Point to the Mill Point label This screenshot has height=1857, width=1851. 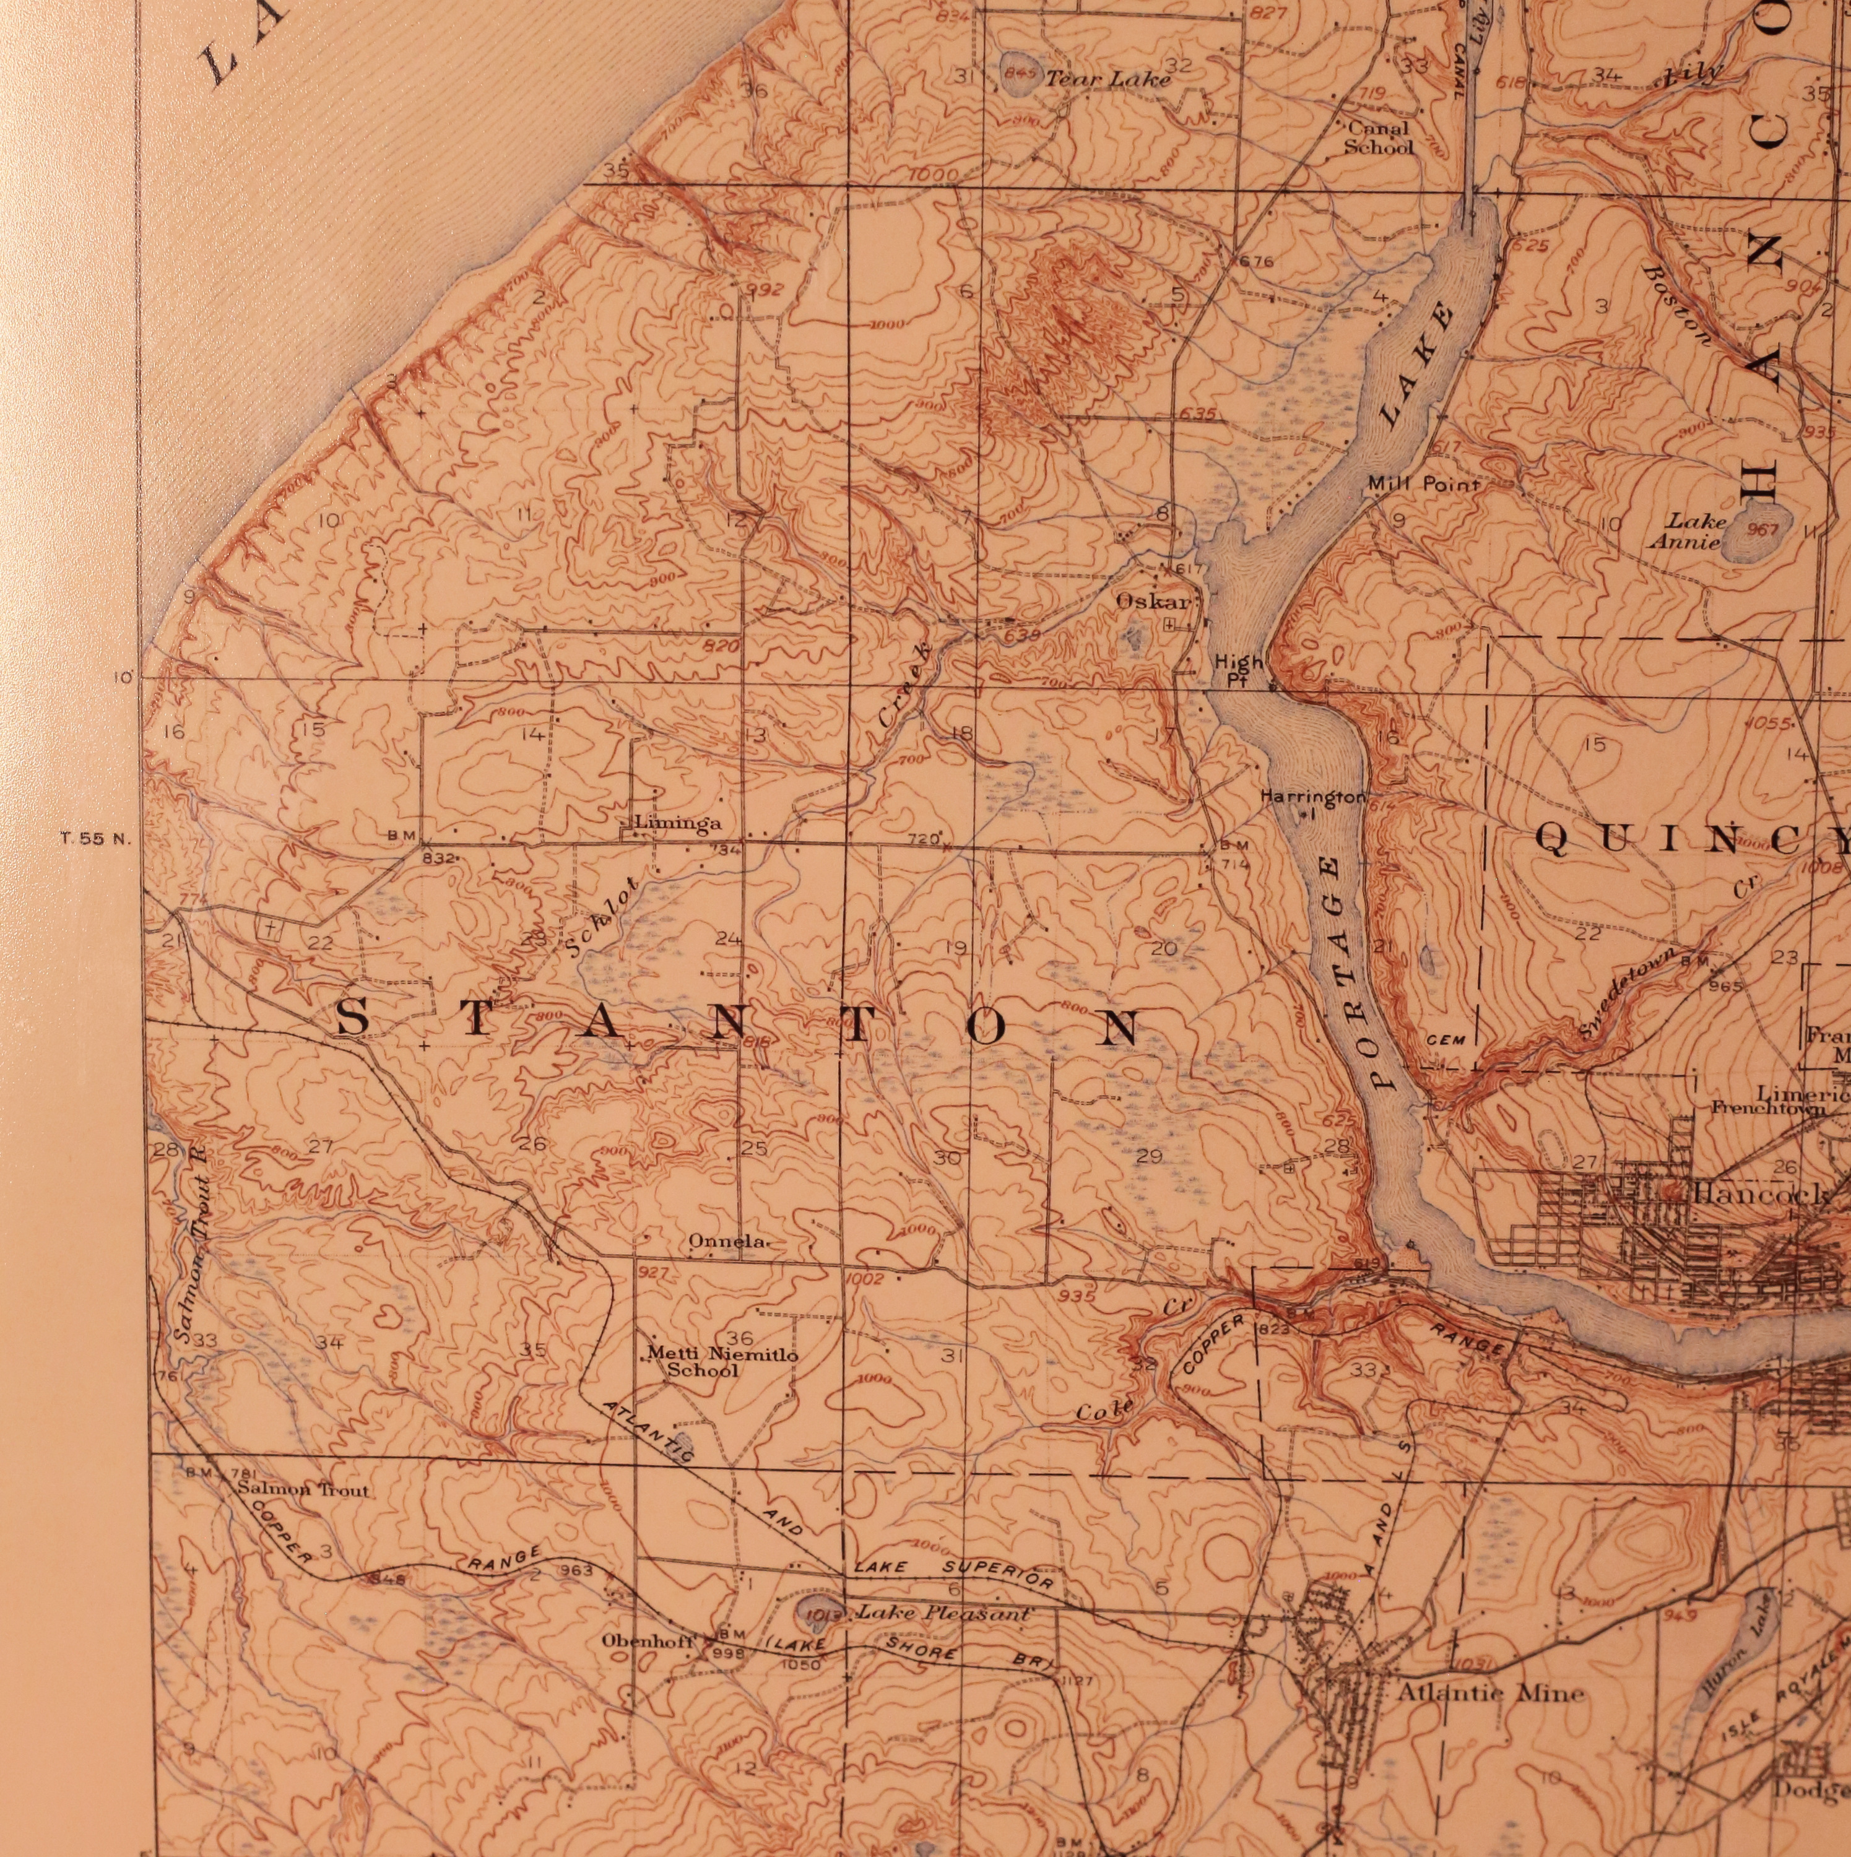(x=1424, y=485)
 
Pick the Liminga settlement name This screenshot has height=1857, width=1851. (x=677, y=823)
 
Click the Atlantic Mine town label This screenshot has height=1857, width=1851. (x=1489, y=1692)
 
